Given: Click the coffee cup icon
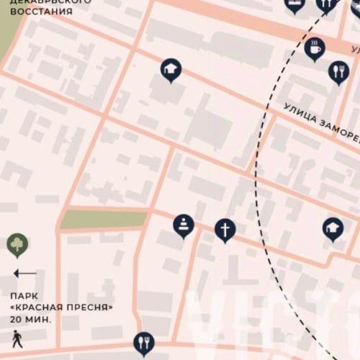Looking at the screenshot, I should coord(315,49).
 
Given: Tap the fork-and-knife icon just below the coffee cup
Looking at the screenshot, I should coord(338,71).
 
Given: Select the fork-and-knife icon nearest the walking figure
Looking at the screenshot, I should coord(144,341).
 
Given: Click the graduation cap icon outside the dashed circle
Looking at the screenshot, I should coord(171,70).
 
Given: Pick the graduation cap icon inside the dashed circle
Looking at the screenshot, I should coord(332,229).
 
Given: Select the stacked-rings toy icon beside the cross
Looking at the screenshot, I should coord(184,225).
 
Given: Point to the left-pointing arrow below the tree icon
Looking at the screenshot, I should coord(24,274).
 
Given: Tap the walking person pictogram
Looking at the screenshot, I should coord(16,338).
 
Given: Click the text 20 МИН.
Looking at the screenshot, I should coord(31,319).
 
